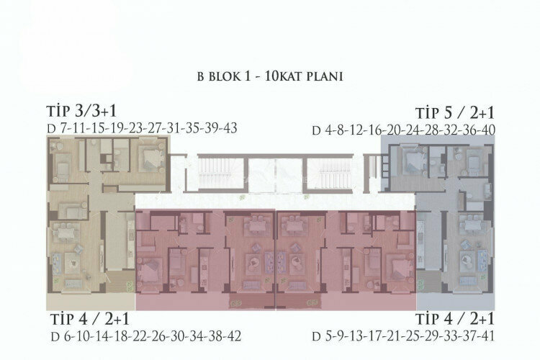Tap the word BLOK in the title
click(x=220, y=76)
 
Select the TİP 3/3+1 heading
click(x=81, y=111)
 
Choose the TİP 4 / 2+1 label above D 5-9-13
click(x=455, y=319)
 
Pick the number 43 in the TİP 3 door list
click(x=229, y=128)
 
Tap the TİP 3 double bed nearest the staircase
click(x=150, y=156)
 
